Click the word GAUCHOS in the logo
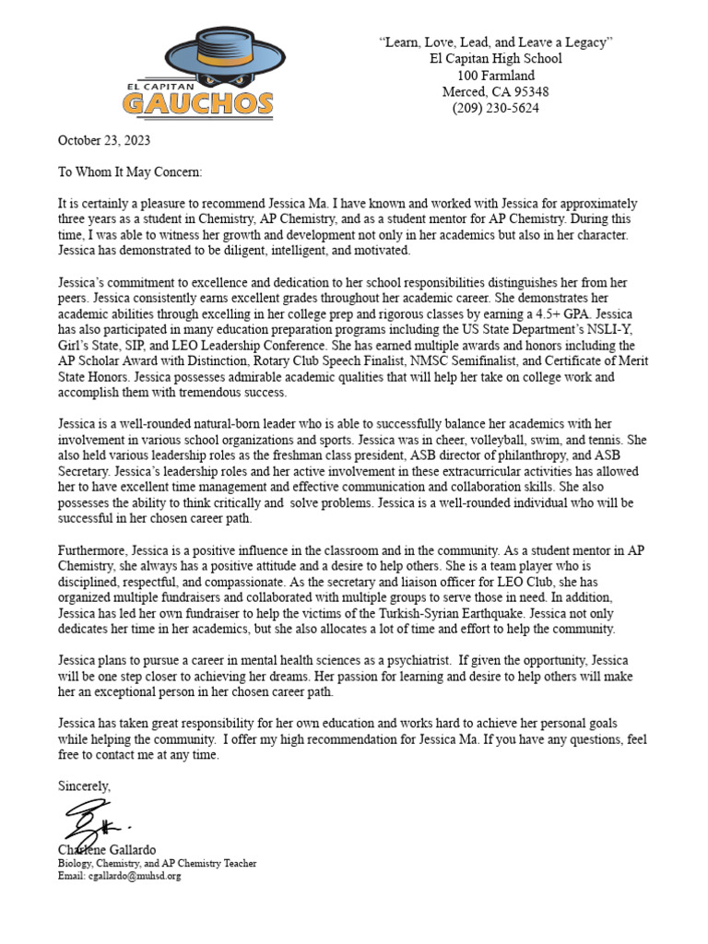click(197, 102)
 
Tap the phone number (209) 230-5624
click(495, 108)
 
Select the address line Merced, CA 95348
click(495, 91)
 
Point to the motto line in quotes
click(495, 42)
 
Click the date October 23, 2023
click(104, 141)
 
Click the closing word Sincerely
click(84, 786)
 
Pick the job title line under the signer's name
click(157, 863)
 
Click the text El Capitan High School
click(495, 59)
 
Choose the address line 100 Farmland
click(495, 76)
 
